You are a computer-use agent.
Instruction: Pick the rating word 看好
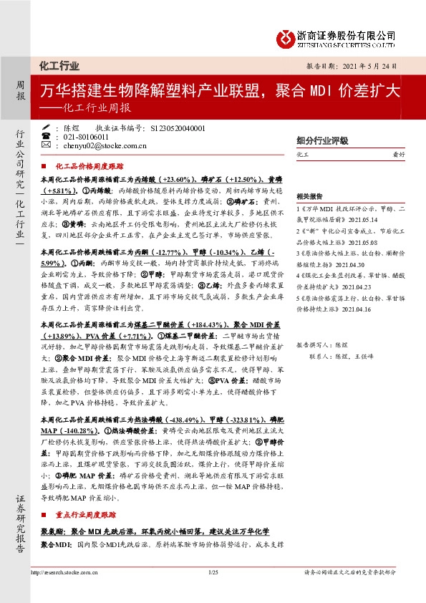tap(405, 154)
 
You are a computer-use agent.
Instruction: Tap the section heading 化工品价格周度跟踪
tap(89, 165)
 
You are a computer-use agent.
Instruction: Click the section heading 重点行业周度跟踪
tap(89, 514)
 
